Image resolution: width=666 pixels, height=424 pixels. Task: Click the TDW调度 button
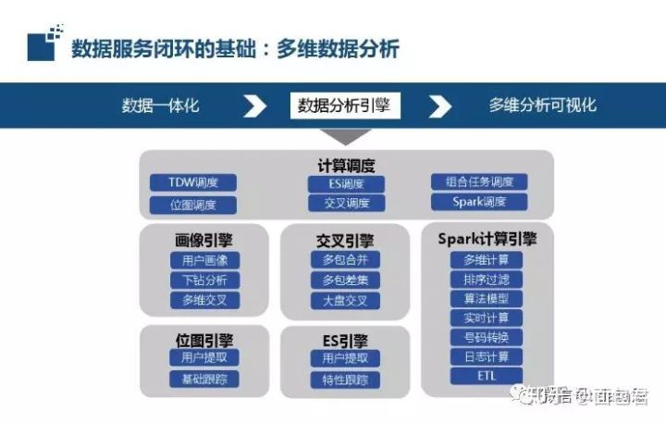click(193, 182)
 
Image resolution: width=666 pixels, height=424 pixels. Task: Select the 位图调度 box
click(193, 205)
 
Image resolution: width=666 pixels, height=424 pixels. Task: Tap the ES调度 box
click(347, 183)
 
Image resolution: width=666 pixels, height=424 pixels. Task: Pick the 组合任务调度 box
click(479, 182)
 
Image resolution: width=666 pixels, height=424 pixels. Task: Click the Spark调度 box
click(479, 202)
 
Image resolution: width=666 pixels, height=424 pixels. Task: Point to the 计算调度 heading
click(347, 166)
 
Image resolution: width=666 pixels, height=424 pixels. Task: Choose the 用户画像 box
click(204, 260)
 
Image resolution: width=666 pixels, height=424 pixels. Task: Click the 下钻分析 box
click(204, 281)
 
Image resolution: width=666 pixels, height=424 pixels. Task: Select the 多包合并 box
click(345, 260)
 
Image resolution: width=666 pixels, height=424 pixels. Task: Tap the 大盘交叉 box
click(345, 300)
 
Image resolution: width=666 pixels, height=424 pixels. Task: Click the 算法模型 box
click(487, 299)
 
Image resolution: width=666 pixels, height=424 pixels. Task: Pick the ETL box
click(487, 376)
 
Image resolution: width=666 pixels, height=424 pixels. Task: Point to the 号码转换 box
click(487, 337)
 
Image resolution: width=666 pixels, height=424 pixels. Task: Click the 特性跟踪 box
click(345, 379)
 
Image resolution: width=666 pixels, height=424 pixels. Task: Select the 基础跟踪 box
click(204, 379)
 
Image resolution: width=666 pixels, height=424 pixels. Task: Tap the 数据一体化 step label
click(160, 106)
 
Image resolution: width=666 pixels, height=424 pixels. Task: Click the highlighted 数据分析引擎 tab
click(344, 106)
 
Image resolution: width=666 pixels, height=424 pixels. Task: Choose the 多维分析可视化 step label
click(543, 106)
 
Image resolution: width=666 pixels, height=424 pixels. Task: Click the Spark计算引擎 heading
click(487, 238)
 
